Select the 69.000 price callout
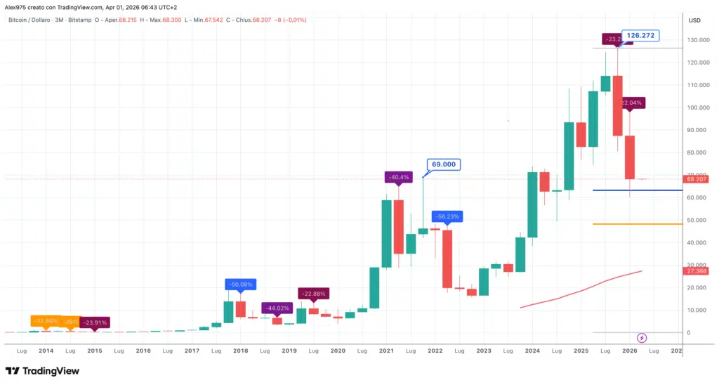point(444,165)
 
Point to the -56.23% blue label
point(447,217)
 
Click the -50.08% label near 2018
point(240,285)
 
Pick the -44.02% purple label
point(277,308)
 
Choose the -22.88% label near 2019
point(313,293)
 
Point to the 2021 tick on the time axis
point(386,350)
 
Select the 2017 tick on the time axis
point(192,350)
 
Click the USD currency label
point(694,20)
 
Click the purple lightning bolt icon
point(642,337)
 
